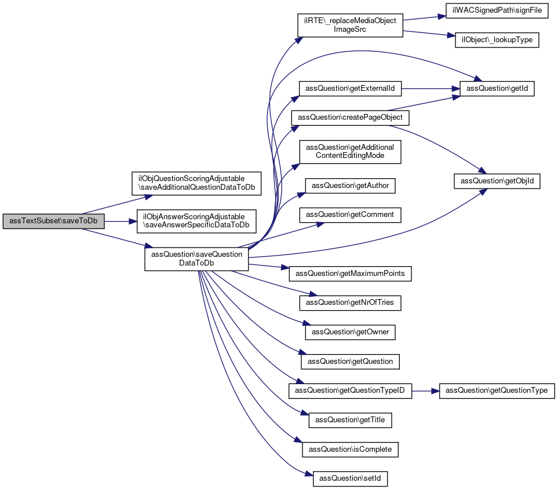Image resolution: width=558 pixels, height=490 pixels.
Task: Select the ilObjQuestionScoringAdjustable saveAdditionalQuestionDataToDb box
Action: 196,183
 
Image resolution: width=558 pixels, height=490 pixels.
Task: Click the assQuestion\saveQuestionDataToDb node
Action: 196,259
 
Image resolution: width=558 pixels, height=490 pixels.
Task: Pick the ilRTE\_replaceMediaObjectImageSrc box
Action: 350,25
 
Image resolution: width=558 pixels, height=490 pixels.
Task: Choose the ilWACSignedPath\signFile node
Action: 497,12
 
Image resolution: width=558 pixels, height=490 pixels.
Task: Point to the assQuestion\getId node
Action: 497,89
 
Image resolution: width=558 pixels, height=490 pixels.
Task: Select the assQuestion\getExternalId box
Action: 350,89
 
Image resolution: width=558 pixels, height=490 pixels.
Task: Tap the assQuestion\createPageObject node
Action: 350,117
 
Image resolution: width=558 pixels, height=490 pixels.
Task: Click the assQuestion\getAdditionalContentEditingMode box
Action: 350,152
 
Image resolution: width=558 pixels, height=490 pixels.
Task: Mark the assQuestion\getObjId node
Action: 497,181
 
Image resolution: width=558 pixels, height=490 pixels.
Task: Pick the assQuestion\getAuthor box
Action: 350,186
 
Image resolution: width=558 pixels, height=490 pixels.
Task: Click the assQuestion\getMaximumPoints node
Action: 350,272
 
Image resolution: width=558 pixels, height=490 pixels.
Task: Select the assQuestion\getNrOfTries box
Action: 350,302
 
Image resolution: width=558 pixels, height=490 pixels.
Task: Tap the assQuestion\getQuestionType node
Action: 497,390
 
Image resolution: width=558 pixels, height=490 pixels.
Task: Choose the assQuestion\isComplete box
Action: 350,449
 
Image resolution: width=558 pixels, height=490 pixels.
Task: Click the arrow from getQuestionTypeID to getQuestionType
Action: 425,391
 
